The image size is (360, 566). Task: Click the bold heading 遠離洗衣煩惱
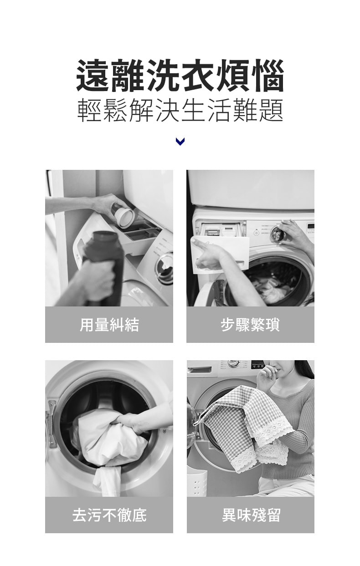point(180,75)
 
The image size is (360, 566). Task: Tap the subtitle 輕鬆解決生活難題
point(180,110)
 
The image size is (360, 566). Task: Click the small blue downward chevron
point(180,142)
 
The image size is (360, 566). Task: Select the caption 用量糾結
point(109,325)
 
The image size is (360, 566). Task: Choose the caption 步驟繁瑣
point(250,325)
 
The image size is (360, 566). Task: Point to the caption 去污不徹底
point(109,515)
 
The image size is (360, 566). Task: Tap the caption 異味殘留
point(251,515)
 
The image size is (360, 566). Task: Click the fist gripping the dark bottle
point(98,280)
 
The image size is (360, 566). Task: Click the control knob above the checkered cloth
point(234,363)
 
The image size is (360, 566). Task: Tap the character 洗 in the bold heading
point(163,75)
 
